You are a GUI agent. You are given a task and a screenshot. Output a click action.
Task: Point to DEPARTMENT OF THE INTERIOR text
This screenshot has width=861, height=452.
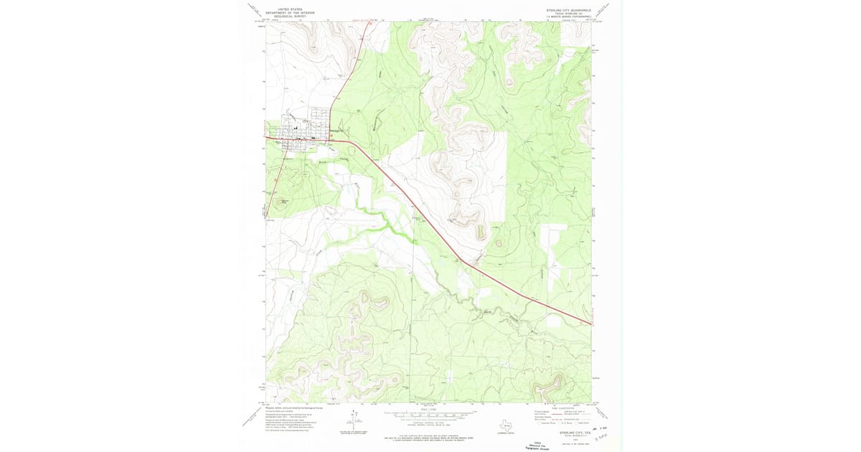[286, 13]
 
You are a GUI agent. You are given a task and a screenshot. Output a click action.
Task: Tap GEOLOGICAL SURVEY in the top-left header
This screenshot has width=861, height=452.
[286, 16]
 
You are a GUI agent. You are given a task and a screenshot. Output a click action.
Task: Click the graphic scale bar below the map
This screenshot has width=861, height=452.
[430, 415]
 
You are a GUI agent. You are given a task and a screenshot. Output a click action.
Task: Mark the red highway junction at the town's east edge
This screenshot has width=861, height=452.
[331, 141]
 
